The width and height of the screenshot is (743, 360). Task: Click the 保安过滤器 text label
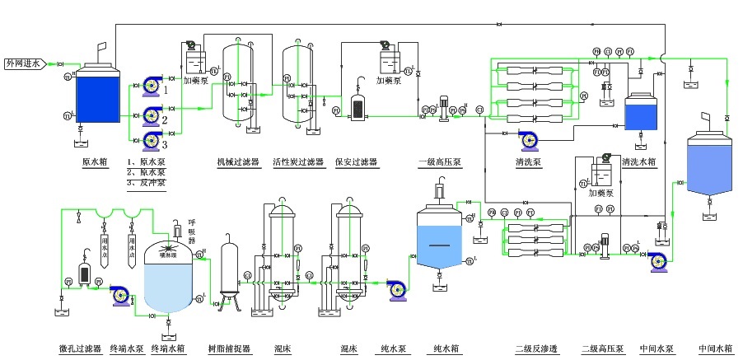click(356, 162)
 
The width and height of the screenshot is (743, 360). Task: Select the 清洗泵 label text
click(527, 162)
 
